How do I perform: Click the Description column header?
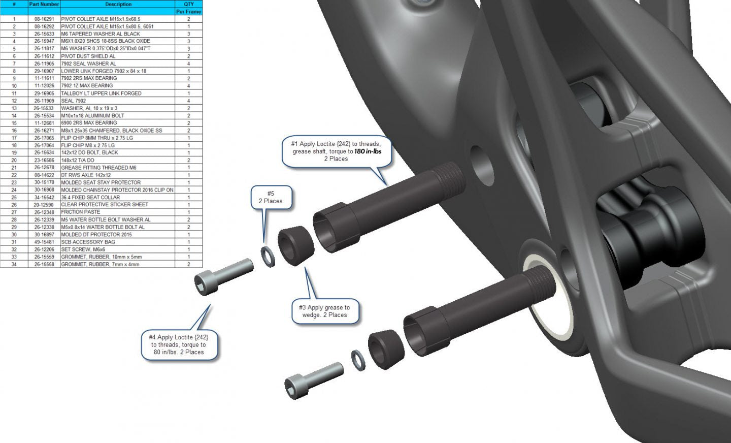[x=118, y=4]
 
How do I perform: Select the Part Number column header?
[x=44, y=4]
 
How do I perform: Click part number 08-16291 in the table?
[x=44, y=19]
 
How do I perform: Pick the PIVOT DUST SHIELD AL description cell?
[x=88, y=56]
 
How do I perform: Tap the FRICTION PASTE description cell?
[x=81, y=212]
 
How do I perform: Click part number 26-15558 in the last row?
[x=44, y=264]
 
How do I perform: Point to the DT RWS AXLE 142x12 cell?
[x=86, y=175]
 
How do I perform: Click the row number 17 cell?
[x=14, y=138]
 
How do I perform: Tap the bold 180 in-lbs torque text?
[x=368, y=151]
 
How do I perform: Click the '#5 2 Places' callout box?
[x=271, y=197]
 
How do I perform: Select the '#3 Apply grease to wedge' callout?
[x=325, y=311]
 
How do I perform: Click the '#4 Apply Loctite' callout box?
[x=179, y=344]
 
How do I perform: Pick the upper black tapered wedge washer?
[x=295, y=245]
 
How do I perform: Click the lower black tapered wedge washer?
[x=386, y=349]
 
